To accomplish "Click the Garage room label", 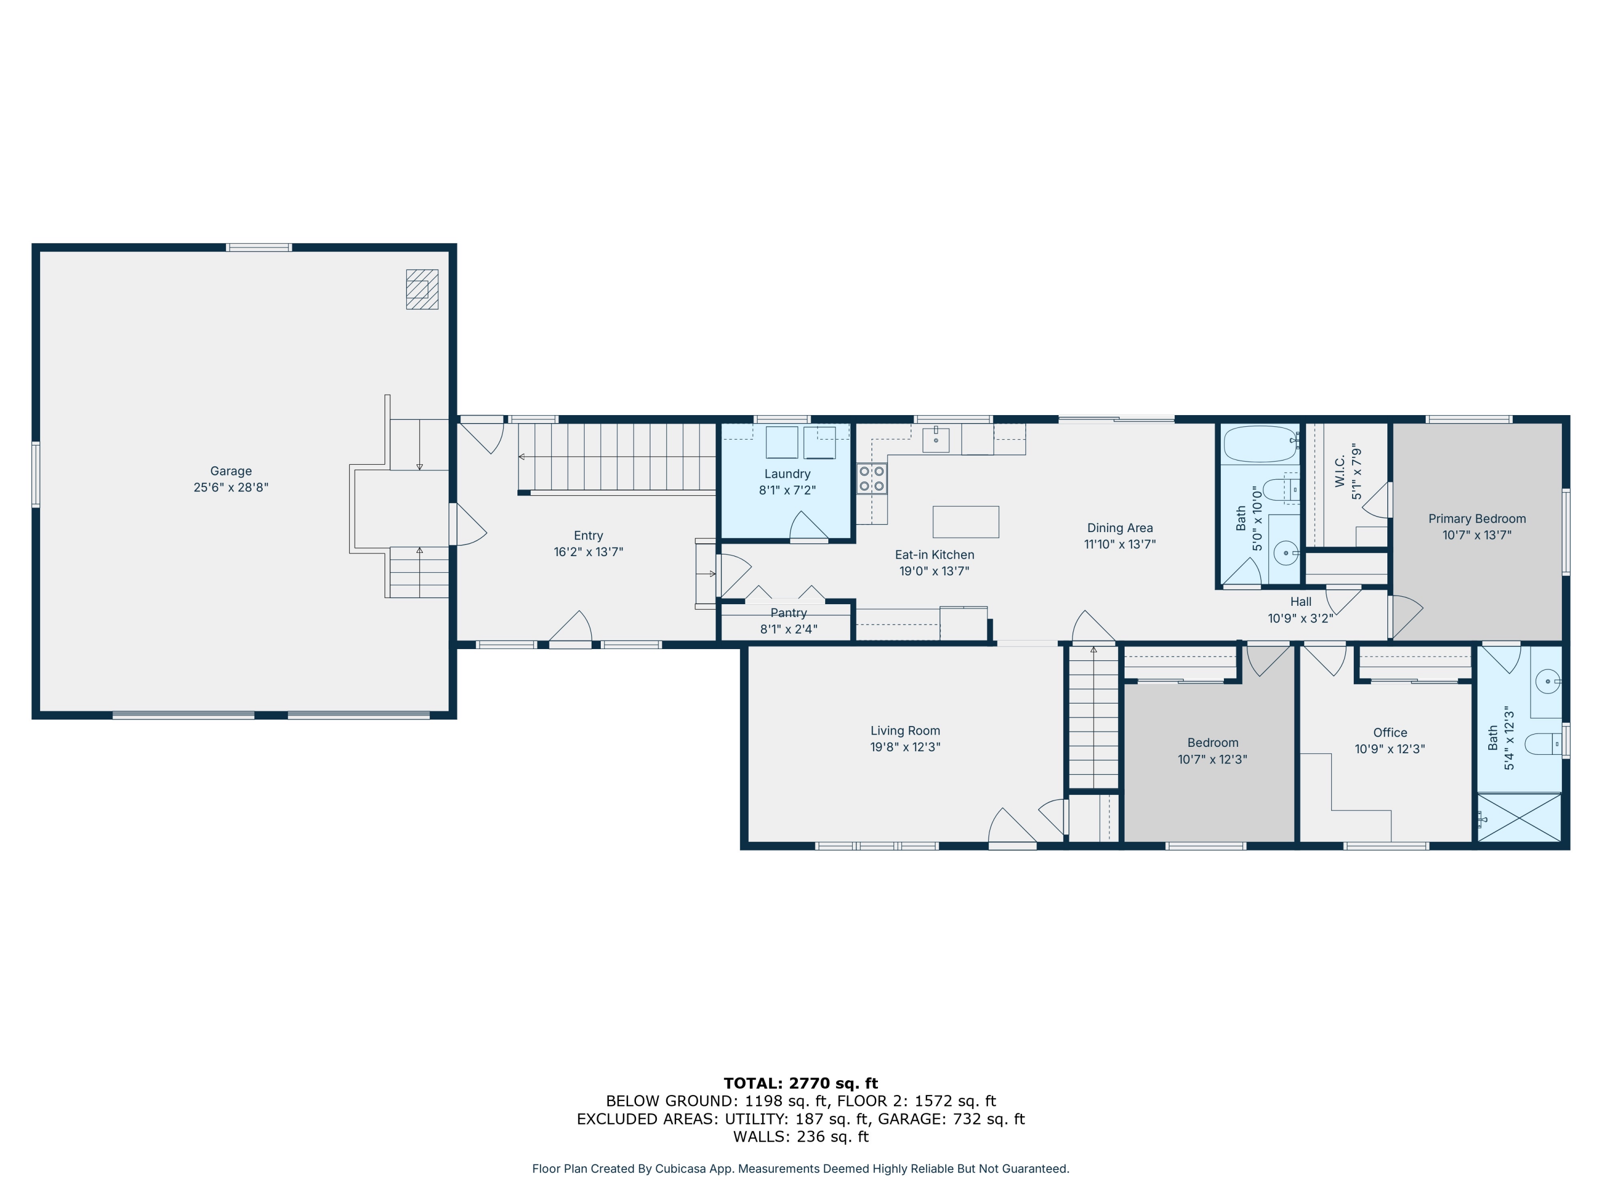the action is coord(231,471).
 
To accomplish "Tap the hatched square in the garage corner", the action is coord(422,289).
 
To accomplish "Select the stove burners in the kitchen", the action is coord(872,478).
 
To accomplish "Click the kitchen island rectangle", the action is coord(965,521).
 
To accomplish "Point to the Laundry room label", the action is coord(787,474).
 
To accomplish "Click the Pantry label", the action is coord(789,613).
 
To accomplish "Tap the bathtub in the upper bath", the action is coord(1260,444).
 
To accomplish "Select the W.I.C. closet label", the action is coord(1340,471).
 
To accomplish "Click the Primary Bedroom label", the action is coord(1477,519).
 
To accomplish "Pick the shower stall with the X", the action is coord(1519,817).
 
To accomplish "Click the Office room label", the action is coord(1390,732).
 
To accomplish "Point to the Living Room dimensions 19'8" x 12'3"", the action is coord(905,747).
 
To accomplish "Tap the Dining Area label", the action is coord(1120,528).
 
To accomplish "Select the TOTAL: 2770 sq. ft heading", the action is coord(801,1083).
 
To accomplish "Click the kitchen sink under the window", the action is coord(936,440).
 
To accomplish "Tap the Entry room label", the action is coord(588,535).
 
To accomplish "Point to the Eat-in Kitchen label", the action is coord(934,555).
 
